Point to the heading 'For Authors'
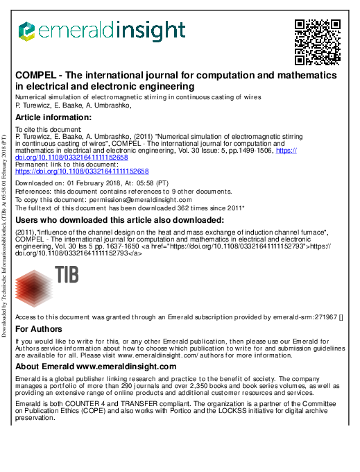point(39,329)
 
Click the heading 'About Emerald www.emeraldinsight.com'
point(96,366)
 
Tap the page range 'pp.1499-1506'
point(252,150)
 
